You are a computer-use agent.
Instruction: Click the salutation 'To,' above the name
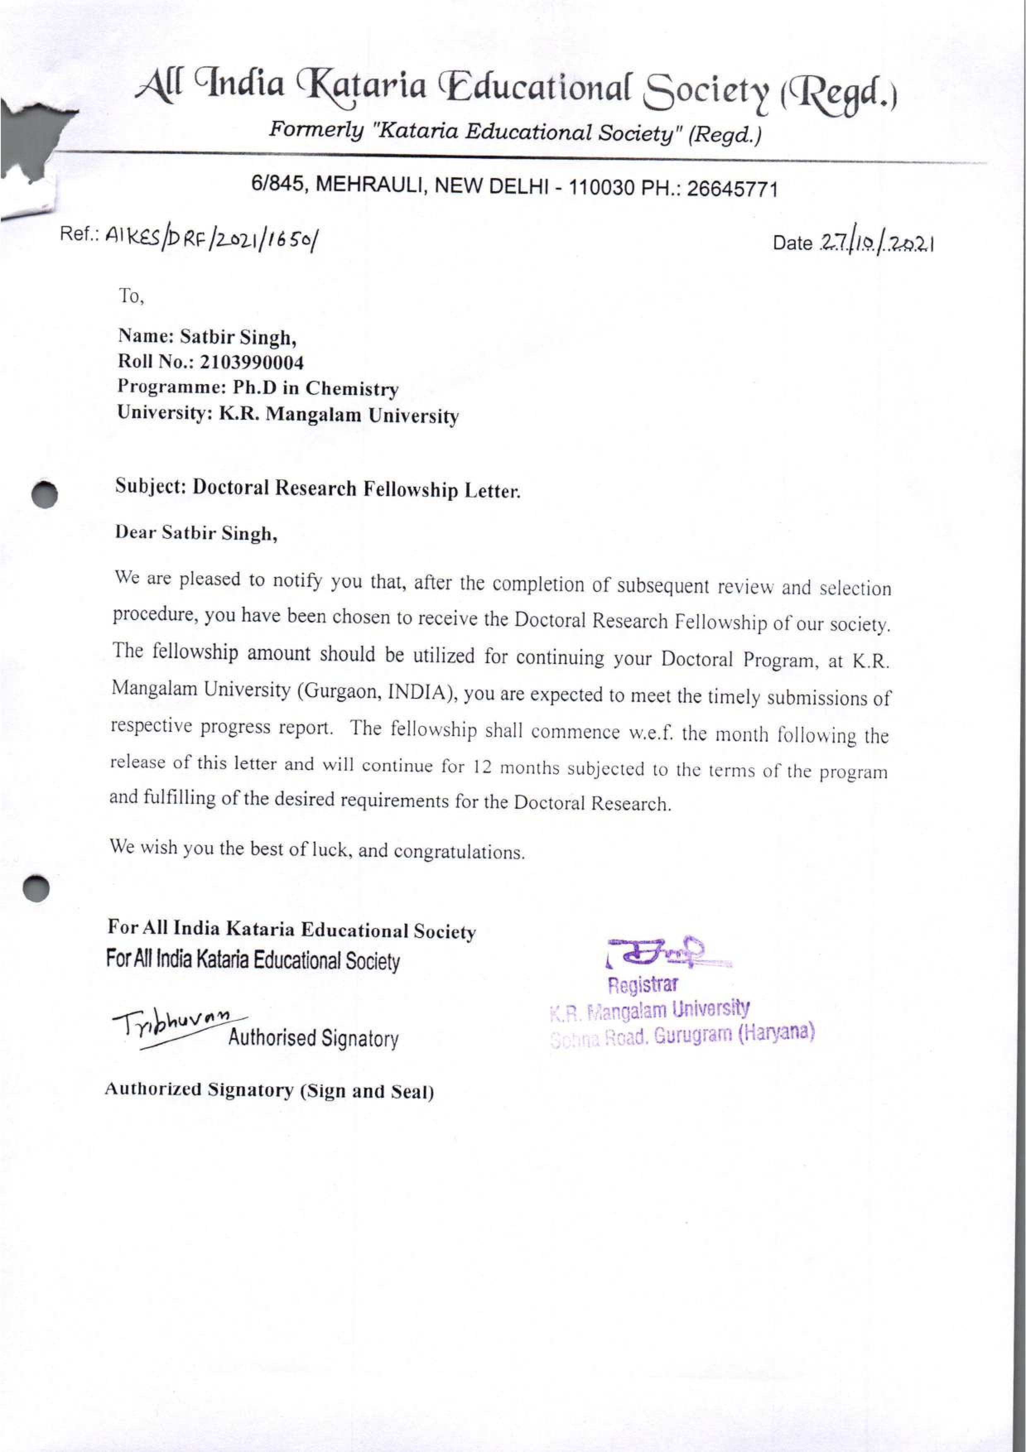132,296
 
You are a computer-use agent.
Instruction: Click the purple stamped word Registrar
643,985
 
